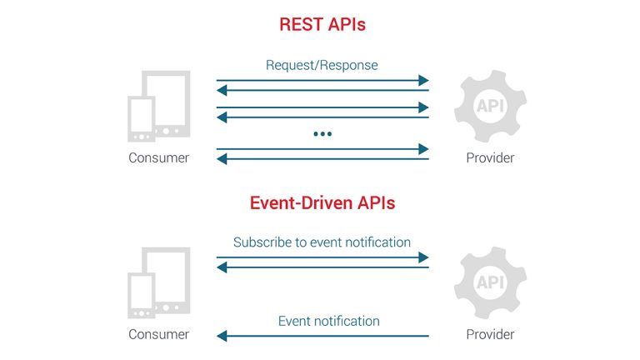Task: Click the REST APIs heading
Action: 322,25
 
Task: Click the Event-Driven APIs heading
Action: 322,202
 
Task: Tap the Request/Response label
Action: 322,65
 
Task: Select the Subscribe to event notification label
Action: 322,242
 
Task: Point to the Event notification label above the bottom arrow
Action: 328,321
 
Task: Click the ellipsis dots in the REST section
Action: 322,133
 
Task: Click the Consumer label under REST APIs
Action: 158,158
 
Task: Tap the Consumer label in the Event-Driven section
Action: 158,335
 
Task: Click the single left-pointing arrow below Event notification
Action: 322,336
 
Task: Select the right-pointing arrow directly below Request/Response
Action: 322,81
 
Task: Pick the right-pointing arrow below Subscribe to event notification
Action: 322,257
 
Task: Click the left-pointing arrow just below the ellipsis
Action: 322,159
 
